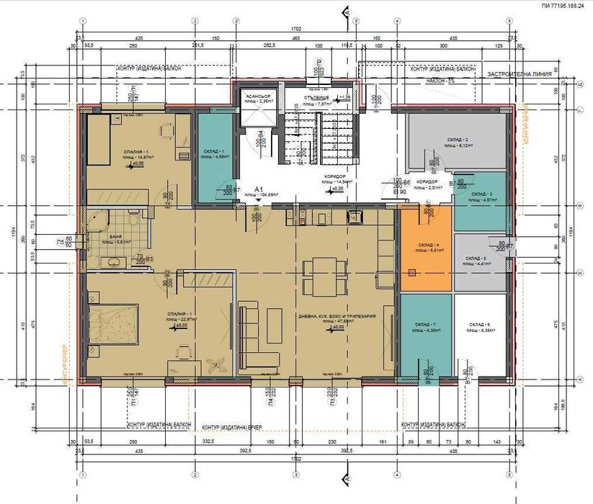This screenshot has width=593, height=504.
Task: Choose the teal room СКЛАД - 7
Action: coord(425,335)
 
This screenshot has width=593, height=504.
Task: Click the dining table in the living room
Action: coord(318,276)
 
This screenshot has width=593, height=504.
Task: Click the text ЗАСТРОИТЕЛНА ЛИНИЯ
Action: coord(518,74)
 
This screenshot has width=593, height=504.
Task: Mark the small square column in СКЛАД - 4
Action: coord(411,272)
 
